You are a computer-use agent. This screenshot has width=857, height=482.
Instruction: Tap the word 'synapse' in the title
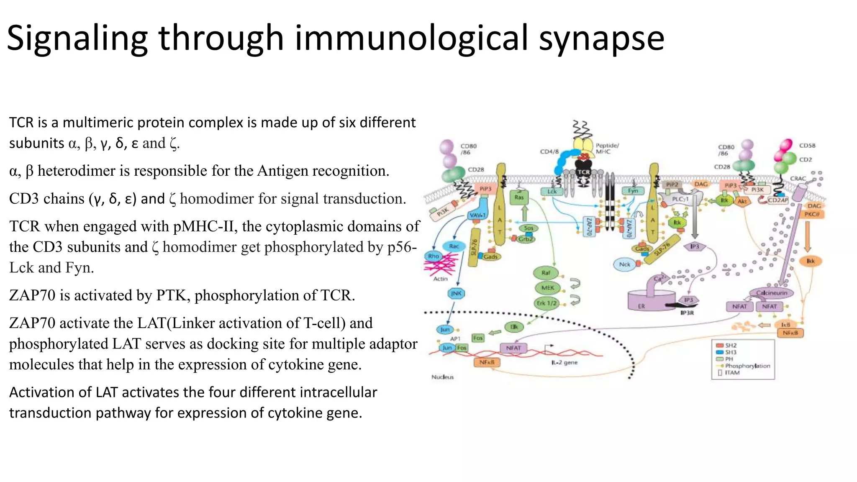coord(601,38)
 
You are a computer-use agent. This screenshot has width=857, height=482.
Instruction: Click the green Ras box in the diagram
coord(519,197)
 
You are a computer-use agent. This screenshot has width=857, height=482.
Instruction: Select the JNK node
coord(456,293)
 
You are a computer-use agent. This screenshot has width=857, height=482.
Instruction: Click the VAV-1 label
coord(477,215)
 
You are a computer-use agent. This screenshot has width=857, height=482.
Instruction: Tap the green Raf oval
coord(546,273)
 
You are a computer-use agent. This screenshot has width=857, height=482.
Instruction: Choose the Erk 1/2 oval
coord(547,303)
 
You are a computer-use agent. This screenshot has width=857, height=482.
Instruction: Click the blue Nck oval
coord(624,264)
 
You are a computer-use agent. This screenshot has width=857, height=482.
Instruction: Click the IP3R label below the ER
coord(687,313)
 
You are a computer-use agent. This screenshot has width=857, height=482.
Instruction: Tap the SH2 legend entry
coord(730,345)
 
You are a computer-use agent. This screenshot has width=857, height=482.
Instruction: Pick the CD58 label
coord(807,146)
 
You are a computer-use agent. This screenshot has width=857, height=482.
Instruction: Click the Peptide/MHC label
coord(607,148)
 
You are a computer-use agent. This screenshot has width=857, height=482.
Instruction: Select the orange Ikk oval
coord(811,261)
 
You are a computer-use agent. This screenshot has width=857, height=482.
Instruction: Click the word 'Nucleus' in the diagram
coord(442,377)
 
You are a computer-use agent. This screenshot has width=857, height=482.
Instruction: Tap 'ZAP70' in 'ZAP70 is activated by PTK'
coord(32,295)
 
